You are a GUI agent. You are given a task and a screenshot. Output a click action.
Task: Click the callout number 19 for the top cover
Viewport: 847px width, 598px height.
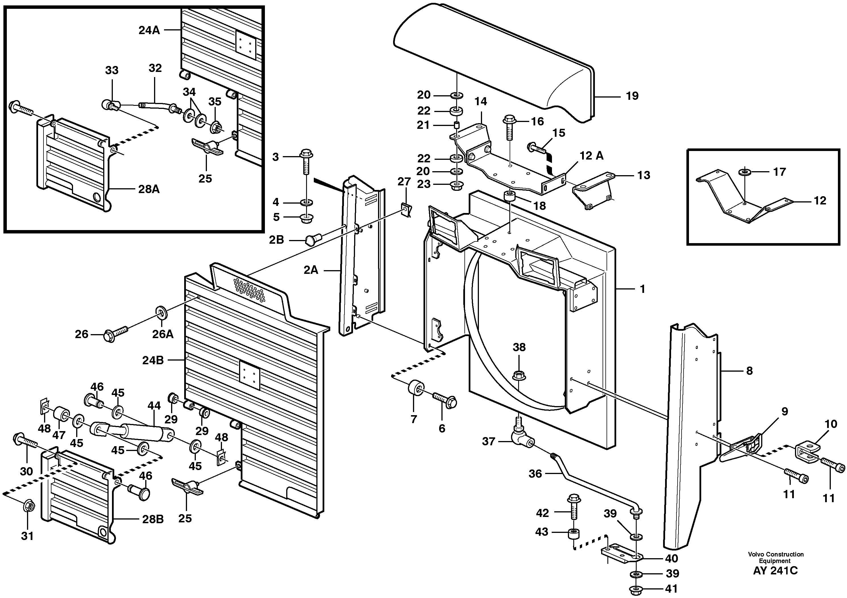(632, 96)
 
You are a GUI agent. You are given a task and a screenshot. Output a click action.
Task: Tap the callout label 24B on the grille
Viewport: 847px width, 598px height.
(153, 360)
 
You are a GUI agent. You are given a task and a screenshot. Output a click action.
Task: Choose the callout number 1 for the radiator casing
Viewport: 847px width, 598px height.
(642, 289)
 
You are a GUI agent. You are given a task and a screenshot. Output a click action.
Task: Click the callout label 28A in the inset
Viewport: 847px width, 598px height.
(149, 189)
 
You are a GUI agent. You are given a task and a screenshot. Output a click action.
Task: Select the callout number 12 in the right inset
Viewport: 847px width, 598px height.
(820, 201)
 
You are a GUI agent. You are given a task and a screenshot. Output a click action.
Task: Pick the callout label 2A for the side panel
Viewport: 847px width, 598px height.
(311, 271)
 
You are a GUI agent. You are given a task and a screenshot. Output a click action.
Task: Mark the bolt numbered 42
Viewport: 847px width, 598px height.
(574, 509)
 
